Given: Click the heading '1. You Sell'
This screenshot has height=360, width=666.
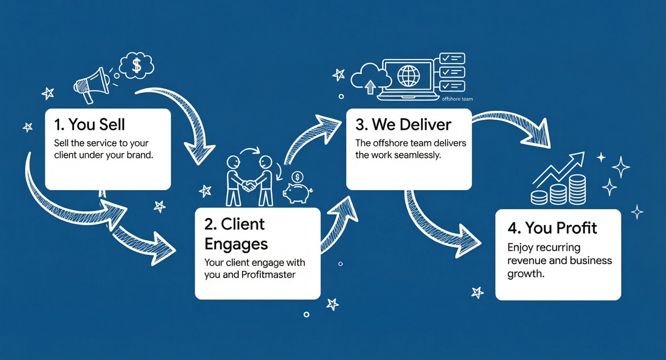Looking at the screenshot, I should click(89, 125).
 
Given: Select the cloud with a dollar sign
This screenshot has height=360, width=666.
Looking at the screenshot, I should click(136, 66).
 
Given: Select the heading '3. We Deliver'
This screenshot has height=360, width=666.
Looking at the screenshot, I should click(403, 125).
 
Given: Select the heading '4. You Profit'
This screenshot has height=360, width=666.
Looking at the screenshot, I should click(552, 228).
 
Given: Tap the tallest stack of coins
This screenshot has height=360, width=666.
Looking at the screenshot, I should click(578, 189).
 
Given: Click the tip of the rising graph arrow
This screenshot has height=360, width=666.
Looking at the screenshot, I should click(582, 154).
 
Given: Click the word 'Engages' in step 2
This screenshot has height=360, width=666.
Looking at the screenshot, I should click(235, 244).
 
